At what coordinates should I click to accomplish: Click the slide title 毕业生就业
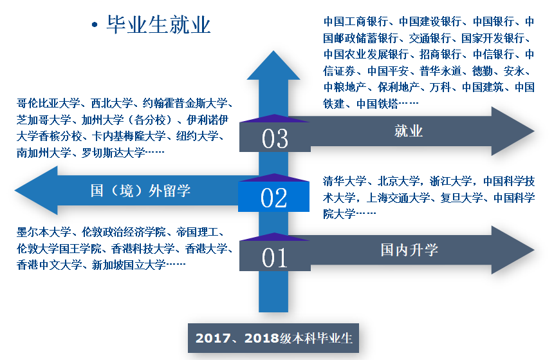tap(159, 24)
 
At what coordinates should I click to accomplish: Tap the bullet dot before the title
tap(95, 24)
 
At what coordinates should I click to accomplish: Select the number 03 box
tap(275, 137)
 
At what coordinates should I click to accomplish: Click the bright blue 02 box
tap(274, 196)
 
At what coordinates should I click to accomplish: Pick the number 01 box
tap(275, 256)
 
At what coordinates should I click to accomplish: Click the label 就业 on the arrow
tap(409, 131)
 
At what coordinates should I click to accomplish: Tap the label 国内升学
tap(409, 250)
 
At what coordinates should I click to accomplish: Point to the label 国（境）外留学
tap(140, 191)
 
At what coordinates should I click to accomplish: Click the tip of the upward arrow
tap(273, 51)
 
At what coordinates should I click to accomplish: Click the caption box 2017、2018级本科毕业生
tap(273, 338)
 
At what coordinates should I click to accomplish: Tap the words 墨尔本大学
tap(44, 232)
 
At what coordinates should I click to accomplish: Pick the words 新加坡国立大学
tap(129, 265)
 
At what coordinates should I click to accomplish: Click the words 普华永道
tap(441, 71)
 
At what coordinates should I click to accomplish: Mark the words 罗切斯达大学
tap(113, 153)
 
